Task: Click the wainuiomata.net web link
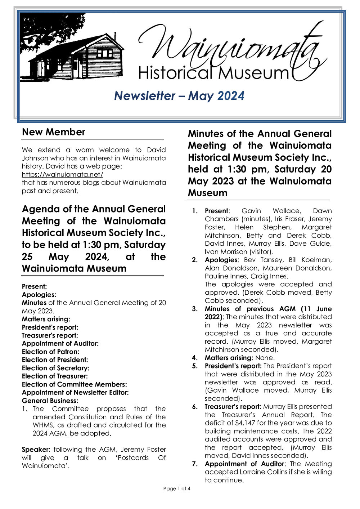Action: click(x=62, y=174)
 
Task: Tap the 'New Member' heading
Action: click(x=54, y=132)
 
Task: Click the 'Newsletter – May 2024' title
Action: click(x=179, y=96)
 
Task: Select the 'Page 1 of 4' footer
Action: click(x=176, y=488)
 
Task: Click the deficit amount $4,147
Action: click(x=245, y=423)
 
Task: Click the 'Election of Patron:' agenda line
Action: click(x=50, y=352)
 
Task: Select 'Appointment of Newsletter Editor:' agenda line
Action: click(x=75, y=392)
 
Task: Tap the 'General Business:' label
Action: click(x=50, y=401)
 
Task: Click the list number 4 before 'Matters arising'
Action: click(x=194, y=358)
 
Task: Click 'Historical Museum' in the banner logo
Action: click(x=213, y=73)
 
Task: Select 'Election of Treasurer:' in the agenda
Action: click(x=55, y=376)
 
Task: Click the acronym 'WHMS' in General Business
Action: click(x=43, y=425)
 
